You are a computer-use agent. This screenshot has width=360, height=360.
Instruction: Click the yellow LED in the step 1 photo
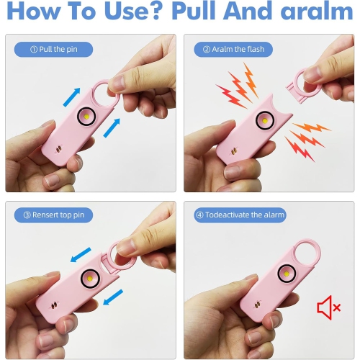(86, 115)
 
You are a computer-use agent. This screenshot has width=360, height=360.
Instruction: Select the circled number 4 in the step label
(199, 215)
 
